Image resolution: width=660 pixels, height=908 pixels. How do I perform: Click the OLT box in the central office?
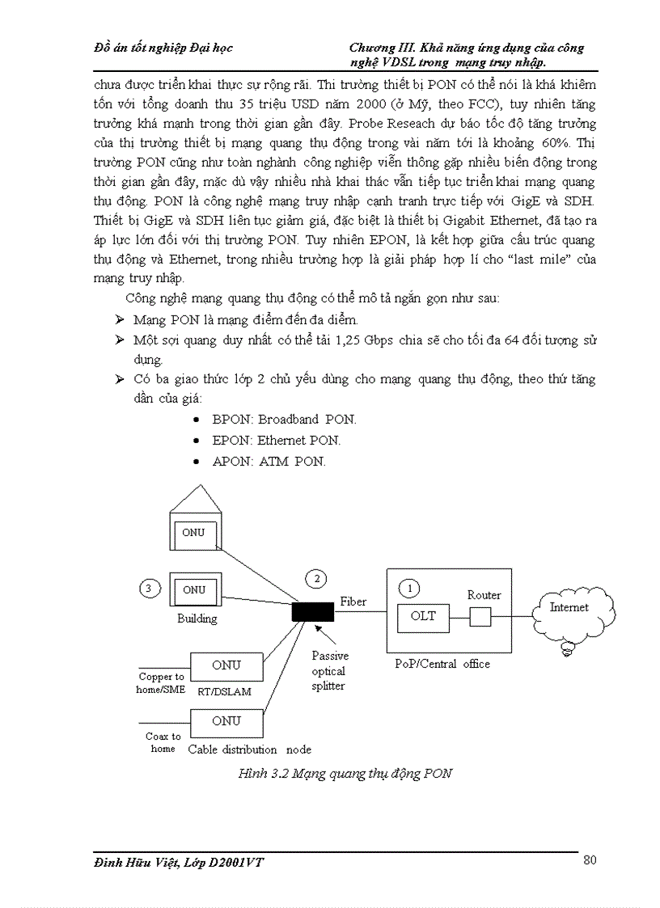tap(423, 618)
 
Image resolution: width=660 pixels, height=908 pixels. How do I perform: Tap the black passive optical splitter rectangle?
tap(312, 611)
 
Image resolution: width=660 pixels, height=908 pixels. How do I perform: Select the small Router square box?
tap(480, 618)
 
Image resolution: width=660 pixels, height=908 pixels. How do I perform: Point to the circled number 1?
tap(411, 587)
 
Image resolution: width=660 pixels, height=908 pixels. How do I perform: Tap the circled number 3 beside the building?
tap(148, 589)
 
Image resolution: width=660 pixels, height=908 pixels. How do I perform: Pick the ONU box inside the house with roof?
tap(193, 534)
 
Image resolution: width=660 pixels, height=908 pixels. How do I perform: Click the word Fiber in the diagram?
tap(353, 602)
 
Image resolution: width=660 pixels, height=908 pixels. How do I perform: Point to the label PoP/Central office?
tap(442, 664)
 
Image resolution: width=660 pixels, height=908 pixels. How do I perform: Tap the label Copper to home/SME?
tap(161, 683)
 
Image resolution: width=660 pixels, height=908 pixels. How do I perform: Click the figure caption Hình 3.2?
tap(345, 774)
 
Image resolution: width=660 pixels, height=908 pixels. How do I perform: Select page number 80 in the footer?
tap(590, 860)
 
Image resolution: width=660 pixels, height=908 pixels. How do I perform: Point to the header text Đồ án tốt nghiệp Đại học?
tap(163, 48)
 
